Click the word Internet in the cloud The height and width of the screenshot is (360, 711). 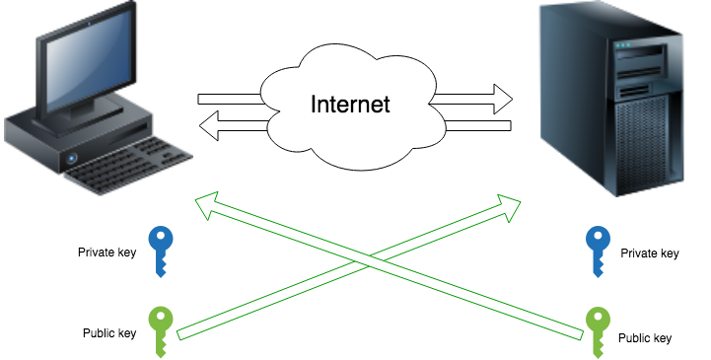click(x=350, y=104)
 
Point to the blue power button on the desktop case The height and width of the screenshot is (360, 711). click(x=72, y=158)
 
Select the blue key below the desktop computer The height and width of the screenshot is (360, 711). click(x=160, y=248)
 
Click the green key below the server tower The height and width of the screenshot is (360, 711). click(x=598, y=326)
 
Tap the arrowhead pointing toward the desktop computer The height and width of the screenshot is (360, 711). click(x=207, y=204)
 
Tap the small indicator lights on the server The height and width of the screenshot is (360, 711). click(x=622, y=44)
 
